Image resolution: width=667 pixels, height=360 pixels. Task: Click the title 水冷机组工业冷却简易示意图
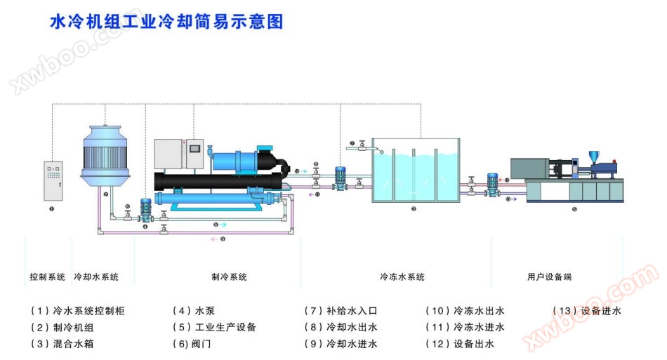tap(166, 22)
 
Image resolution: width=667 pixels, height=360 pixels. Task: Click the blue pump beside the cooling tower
tap(146, 209)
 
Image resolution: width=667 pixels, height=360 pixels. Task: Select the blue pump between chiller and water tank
tap(341, 177)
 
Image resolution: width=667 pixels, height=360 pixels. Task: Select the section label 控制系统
tap(47, 277)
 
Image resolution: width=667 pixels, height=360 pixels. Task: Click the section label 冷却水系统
tap(96, 277)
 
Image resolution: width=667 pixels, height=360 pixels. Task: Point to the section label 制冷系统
tap(229, 277)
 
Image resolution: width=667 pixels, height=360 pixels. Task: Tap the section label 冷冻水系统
tap(402, 277)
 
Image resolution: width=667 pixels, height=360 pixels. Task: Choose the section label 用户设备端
tap(549, 277)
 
